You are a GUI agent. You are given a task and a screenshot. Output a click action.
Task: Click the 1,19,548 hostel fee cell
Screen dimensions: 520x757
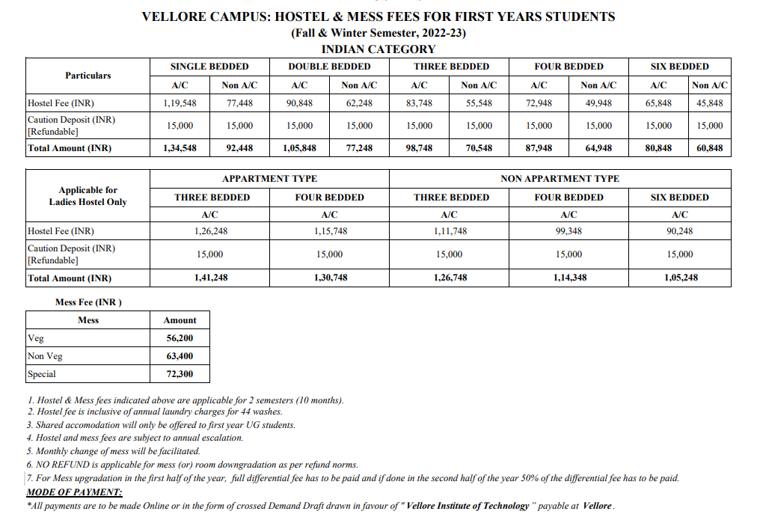180,103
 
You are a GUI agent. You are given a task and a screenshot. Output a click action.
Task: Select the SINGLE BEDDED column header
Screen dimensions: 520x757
209,67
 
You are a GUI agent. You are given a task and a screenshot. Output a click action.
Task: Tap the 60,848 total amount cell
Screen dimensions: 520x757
709,148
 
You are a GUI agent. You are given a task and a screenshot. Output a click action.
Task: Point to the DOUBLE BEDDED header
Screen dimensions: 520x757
329,67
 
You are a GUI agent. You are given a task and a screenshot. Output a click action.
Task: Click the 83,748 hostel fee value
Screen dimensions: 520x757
419,103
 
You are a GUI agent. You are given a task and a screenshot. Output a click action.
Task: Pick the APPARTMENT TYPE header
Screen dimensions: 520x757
269,179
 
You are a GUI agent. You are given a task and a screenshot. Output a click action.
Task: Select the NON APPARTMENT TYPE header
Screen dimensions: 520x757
560,179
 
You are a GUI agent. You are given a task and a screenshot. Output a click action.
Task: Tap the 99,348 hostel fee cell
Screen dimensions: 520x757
568,231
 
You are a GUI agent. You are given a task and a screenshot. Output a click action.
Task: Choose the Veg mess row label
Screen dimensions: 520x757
36,338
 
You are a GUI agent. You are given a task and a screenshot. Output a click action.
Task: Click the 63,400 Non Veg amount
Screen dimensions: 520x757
180,356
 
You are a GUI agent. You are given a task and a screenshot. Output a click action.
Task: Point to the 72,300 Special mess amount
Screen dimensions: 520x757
180,374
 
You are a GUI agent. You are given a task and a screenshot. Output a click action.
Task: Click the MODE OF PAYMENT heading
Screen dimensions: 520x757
74,492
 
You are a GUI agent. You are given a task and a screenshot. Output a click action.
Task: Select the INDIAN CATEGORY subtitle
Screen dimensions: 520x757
378,49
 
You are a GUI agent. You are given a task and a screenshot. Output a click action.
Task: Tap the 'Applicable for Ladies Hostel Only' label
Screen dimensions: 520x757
88,196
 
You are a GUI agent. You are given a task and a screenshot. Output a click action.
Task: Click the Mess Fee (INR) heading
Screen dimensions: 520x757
88,302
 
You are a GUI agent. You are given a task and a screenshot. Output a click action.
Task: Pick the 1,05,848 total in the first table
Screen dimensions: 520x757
299,148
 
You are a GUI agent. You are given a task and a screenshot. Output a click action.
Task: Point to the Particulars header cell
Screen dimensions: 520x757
88,76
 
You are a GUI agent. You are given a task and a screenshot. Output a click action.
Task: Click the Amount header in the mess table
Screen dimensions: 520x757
180,320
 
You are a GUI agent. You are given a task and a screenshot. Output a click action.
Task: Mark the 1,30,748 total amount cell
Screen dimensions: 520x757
329,278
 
